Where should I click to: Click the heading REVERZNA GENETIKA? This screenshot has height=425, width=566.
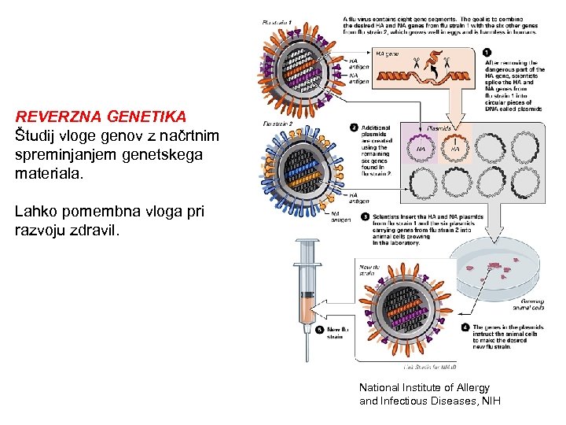pos(101,117)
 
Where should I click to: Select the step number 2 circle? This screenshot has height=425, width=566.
pos(355,127)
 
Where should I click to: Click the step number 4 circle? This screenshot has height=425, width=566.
pos(465,327)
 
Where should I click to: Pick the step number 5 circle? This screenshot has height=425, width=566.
pos(319,330)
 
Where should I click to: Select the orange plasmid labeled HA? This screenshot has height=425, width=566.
pos(454,147)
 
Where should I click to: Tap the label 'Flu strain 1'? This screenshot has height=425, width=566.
pos(277,22)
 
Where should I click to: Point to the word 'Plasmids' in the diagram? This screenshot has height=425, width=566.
pos(439,128)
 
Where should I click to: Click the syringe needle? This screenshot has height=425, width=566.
pos(307,346)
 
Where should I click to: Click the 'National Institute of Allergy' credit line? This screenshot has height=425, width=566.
pos(424,387)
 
